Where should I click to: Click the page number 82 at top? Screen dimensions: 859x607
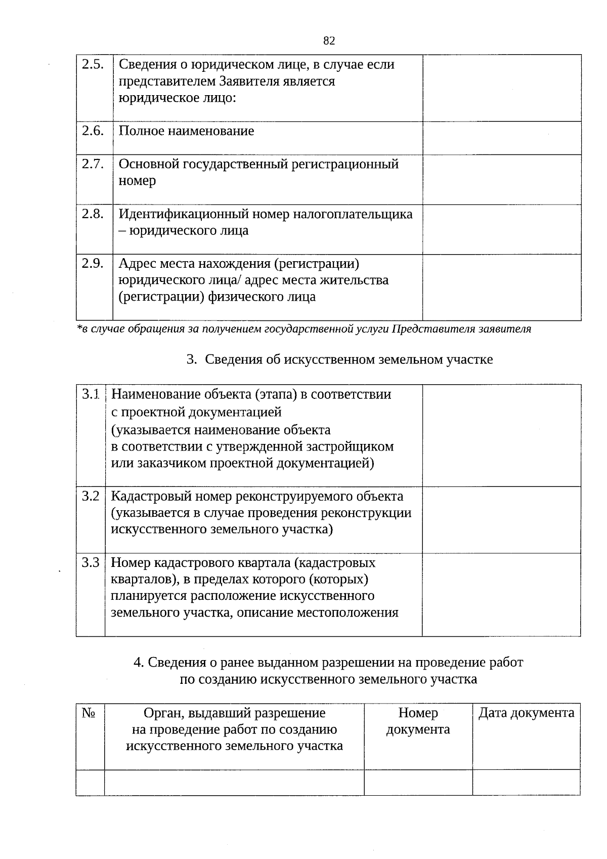click(329, 41)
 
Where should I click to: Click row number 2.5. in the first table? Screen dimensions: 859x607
click(93, 64)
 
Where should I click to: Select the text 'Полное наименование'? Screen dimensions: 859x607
click(186, 131)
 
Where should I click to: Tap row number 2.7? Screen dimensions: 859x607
click(93, 164)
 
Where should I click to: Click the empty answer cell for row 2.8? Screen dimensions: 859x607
click(501, 229)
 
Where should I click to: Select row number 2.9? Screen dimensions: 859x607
click(93, 263)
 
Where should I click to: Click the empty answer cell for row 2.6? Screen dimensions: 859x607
click(501, 138)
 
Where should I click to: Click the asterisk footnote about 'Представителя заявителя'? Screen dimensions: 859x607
click(303, 329)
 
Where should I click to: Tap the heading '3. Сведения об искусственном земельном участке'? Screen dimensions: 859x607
click(339, 359)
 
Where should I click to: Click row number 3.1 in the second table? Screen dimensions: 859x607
click(91, 394)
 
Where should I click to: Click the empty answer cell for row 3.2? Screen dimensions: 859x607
click(501, 519)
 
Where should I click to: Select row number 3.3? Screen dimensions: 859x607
click(91, 562)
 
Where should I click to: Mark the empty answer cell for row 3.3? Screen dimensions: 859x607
click(501, 594)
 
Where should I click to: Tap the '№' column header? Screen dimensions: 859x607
click(89, 713)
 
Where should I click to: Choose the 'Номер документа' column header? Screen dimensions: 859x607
click(418, 721)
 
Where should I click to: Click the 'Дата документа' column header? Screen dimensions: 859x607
click(526, 713)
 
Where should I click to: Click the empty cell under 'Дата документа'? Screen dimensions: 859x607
click(526, 782)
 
